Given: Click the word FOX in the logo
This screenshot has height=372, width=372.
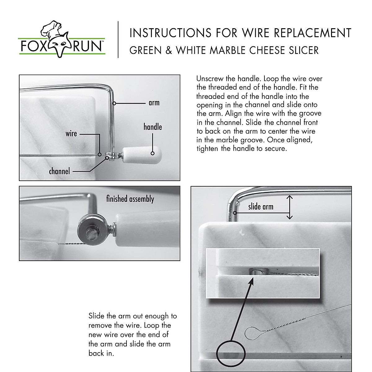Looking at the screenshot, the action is pos(33,46).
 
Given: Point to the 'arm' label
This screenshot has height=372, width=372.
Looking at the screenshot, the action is pos(154,103).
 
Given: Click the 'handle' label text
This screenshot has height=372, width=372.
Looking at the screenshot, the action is pos(153,127).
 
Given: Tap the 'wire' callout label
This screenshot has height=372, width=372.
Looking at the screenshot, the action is pos(71,134).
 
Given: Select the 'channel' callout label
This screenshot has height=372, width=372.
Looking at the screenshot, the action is pos(60,171).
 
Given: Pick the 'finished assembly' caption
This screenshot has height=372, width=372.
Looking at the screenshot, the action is pos(130,199).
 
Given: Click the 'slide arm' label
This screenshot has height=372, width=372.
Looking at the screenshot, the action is pos(261,206).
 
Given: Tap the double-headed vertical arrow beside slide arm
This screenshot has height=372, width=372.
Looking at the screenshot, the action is pos(289,207).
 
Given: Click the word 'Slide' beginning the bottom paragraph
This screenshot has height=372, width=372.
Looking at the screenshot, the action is pos(96,316).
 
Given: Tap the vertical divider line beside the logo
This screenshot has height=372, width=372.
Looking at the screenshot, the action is pos(118,39).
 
